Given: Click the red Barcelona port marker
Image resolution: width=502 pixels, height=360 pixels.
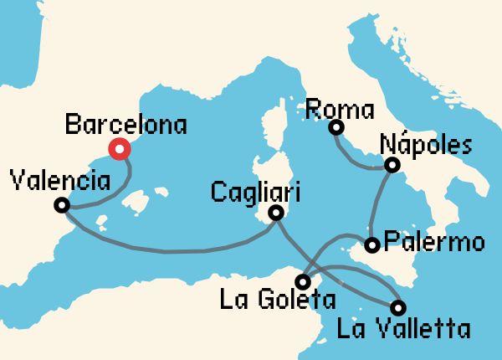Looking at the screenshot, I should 120,150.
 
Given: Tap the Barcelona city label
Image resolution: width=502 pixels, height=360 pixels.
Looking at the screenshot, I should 125,126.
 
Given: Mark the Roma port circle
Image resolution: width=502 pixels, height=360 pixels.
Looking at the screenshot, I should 336,127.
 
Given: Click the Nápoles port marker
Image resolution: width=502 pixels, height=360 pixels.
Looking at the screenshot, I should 391,166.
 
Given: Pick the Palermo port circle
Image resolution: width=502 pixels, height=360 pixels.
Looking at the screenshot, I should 372,245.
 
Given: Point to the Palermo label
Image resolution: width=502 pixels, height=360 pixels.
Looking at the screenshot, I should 434,244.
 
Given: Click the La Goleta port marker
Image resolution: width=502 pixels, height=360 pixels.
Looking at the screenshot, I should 303,282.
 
